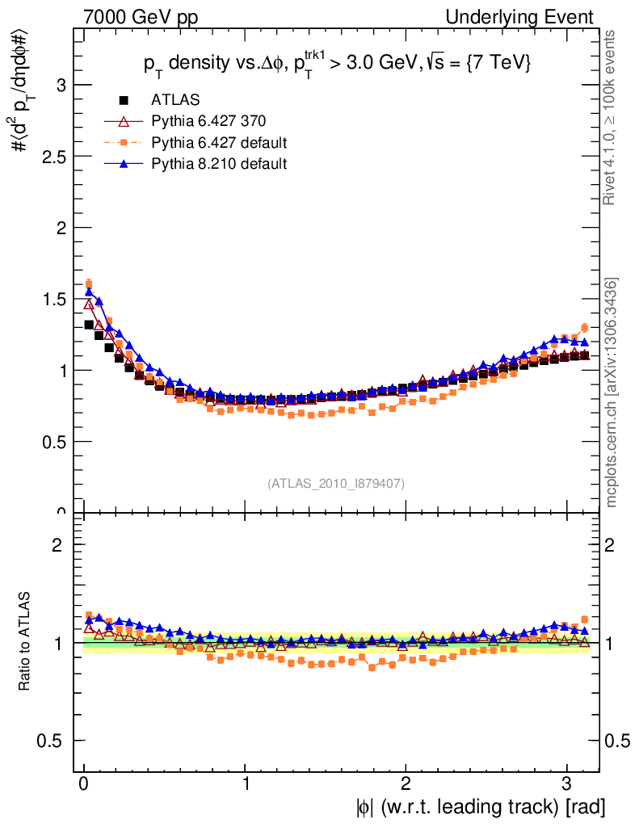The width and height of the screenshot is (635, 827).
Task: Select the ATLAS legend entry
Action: point(175,100)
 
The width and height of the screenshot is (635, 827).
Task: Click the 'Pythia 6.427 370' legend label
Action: point(208,121)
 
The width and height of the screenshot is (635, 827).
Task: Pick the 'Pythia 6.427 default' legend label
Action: point(219,143)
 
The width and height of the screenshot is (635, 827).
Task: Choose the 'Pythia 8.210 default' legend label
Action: point(219,164)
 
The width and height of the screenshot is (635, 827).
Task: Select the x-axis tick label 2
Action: point(406,785)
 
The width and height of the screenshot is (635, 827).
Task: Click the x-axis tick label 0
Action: point(84,785)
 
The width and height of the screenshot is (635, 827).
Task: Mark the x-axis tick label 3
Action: point(567,785)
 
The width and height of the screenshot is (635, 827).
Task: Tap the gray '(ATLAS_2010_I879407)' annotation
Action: point(336,483)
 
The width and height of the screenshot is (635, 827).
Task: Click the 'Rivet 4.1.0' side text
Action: point(612,118)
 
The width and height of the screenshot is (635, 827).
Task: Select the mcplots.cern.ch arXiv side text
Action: point(612,393)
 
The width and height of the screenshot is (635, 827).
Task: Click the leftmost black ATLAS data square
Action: point(90,325)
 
